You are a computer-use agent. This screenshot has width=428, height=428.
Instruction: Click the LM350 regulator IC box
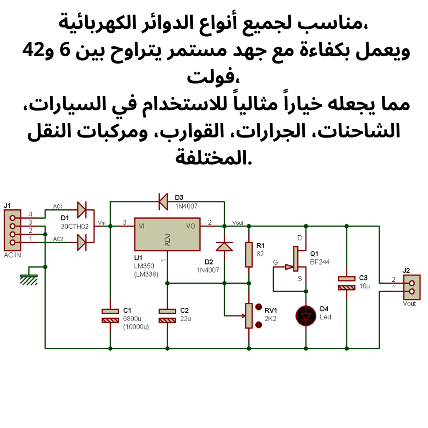tap(167, 234)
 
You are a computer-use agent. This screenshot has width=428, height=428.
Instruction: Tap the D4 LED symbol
tap(306, 316)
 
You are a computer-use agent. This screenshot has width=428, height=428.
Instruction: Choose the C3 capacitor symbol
tap(346, 283)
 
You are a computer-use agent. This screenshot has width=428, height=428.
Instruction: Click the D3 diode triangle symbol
tap(163, 201)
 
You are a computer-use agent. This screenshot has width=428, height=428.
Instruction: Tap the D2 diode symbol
tap(226, 247)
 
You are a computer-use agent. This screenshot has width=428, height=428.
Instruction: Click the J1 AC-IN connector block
tap(12, 230)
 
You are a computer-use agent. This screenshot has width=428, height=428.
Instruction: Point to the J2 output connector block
tap(412, 287)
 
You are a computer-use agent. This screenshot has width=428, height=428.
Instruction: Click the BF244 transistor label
tap(320, 262)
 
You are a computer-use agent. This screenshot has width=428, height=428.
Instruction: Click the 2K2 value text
tap(270, 318)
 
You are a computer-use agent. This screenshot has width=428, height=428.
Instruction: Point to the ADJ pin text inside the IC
tap(168, 240)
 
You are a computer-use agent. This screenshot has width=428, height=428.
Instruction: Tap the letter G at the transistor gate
tap(275, 262)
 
